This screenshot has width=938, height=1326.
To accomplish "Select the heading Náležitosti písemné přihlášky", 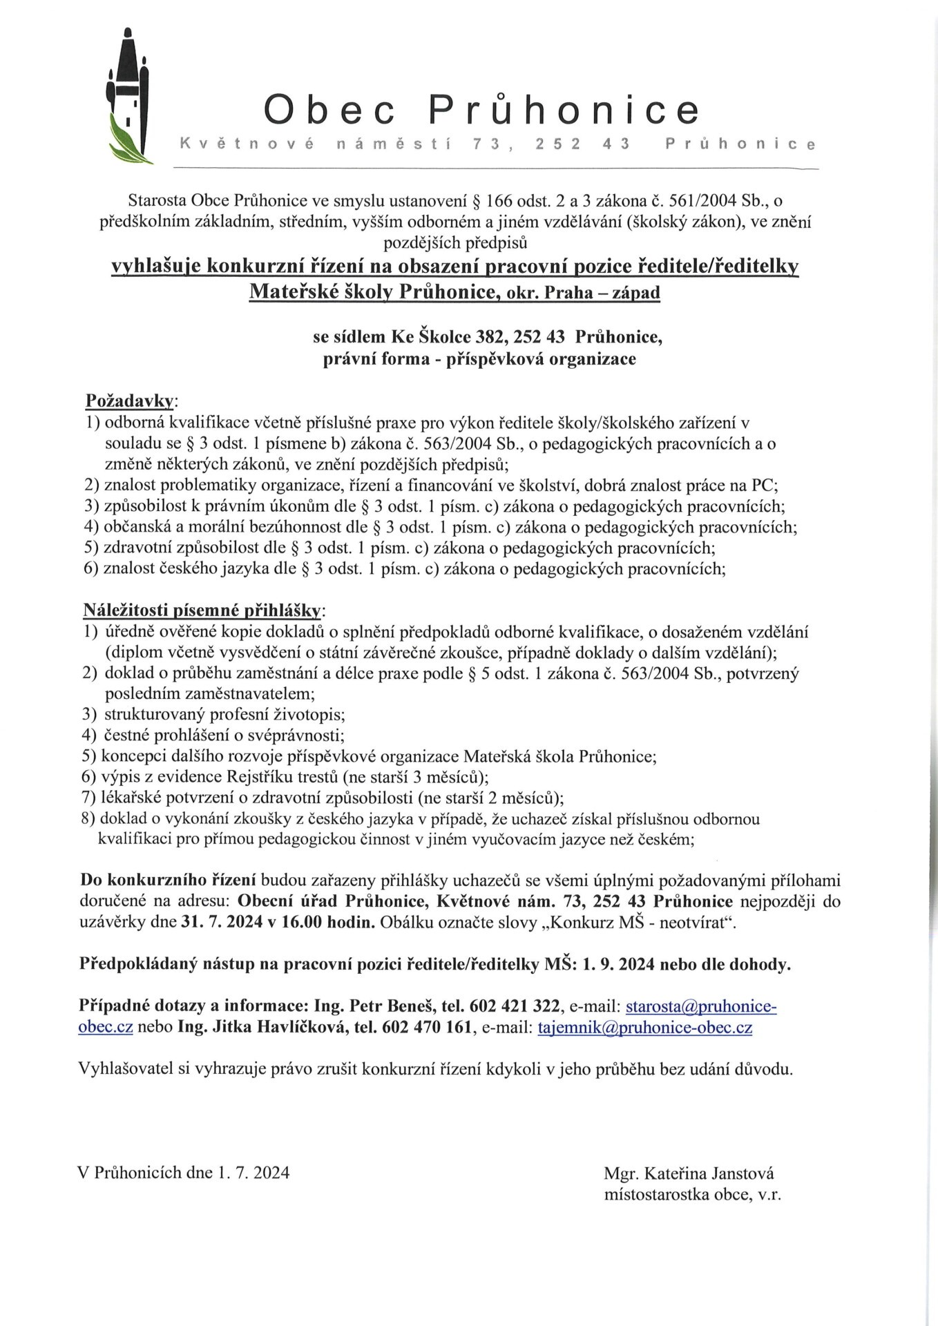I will pyautogui.click(x=202, y=610).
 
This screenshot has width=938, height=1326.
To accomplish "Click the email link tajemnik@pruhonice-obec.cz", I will pyautogui.click(x=644, y=1027).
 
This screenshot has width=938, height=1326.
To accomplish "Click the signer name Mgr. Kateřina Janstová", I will pyautogui.click(x=689, y=1173).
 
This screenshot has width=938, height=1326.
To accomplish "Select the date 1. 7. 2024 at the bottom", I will pyautogui.click(x=253, y=1173).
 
